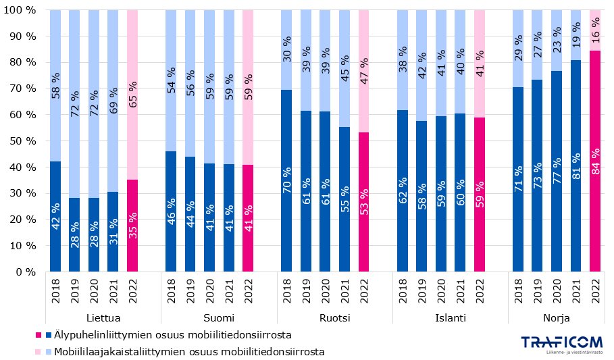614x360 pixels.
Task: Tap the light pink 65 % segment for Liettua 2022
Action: point(132,95)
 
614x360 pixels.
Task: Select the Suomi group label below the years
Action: point(219,317)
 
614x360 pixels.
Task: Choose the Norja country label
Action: point(556,317)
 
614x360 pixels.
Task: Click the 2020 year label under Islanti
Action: point(440,290)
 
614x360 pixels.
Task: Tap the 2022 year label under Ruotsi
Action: point(363,290)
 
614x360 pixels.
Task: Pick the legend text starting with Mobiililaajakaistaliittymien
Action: point(189,351)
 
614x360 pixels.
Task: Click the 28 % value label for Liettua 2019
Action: point(74,234)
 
